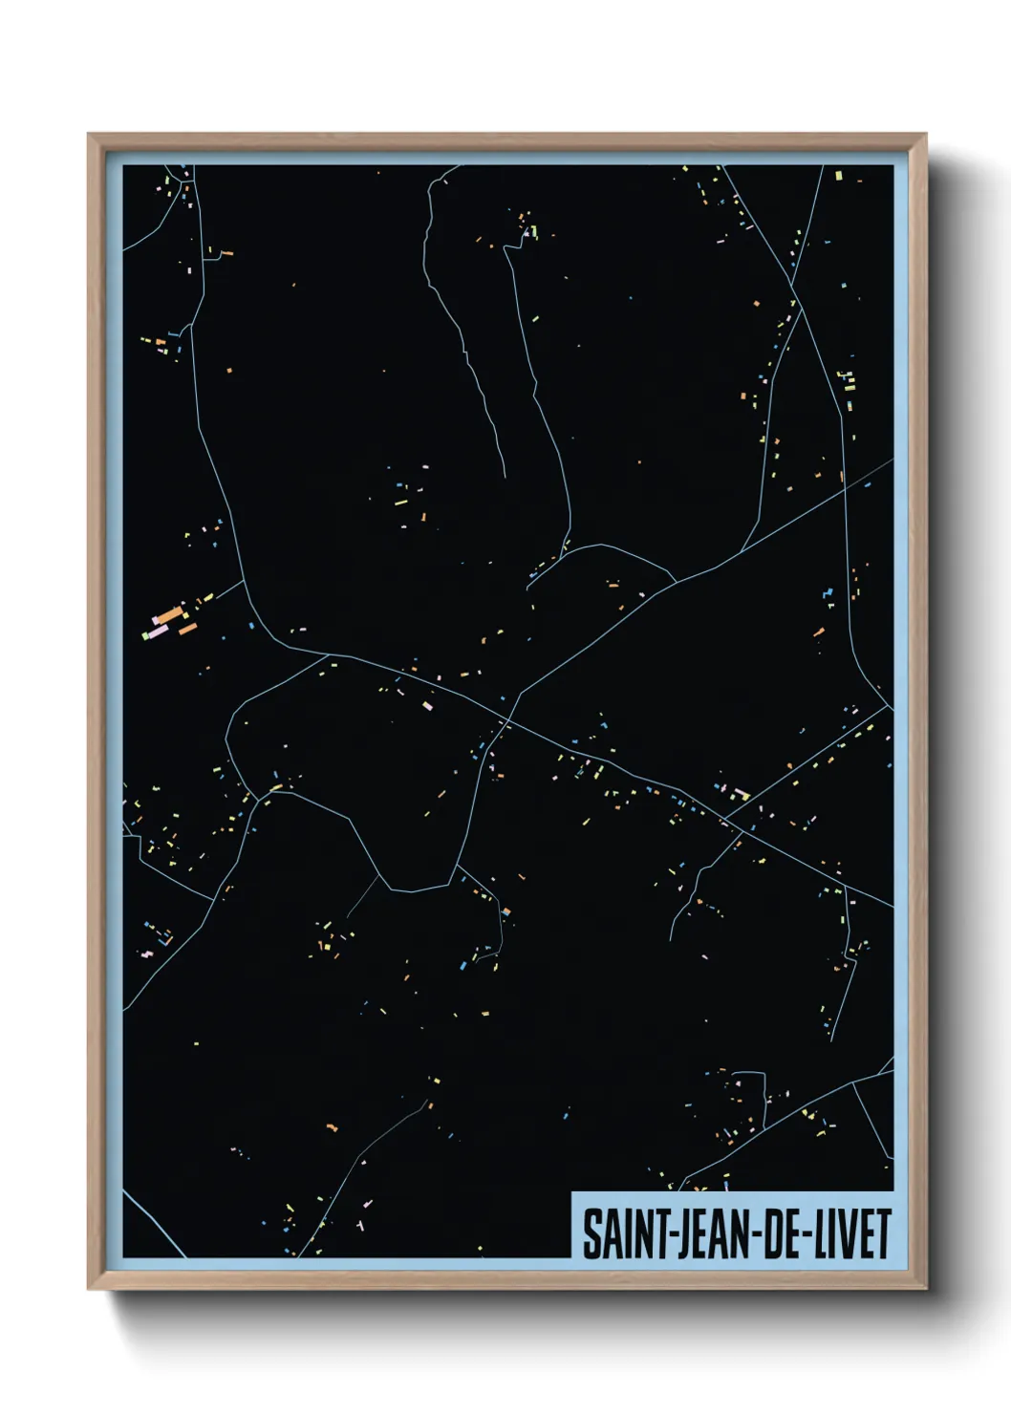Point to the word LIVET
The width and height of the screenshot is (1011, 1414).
[852, 1234]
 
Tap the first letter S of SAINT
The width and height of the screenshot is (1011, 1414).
[591, 1234]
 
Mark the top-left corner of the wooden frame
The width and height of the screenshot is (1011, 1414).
[89, 135]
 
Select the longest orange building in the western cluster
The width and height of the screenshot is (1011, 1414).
[169, 615]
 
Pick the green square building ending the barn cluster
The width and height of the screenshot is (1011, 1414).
[146, 636]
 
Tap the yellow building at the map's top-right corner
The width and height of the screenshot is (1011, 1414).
[839, 176]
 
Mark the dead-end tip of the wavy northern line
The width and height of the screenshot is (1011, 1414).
[504, 474]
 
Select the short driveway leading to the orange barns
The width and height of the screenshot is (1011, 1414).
[227, 590]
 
